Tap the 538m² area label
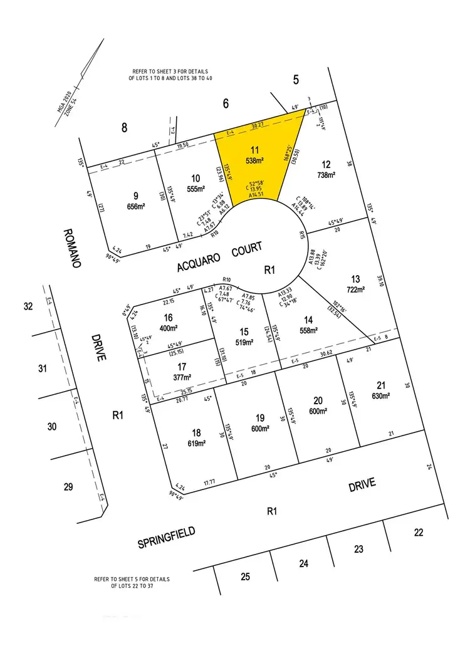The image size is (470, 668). [x=254, y=160]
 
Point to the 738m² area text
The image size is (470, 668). [x=327, y=175]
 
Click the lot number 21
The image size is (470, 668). [x=381, y=385]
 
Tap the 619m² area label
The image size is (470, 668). [x=197, y=444]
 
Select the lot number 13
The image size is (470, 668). [x=355, y=279]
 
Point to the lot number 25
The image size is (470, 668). [x=244, y=576]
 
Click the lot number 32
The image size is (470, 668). [x=28, y=306]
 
